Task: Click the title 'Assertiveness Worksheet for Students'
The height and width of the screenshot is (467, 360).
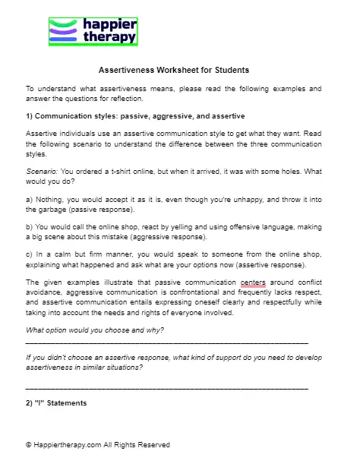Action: (173, 71)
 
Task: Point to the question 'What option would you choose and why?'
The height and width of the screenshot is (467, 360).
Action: (94, 330)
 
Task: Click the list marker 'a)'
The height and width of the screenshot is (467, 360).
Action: (30, 200)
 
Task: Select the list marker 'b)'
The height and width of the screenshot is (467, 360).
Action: (30, 227)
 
